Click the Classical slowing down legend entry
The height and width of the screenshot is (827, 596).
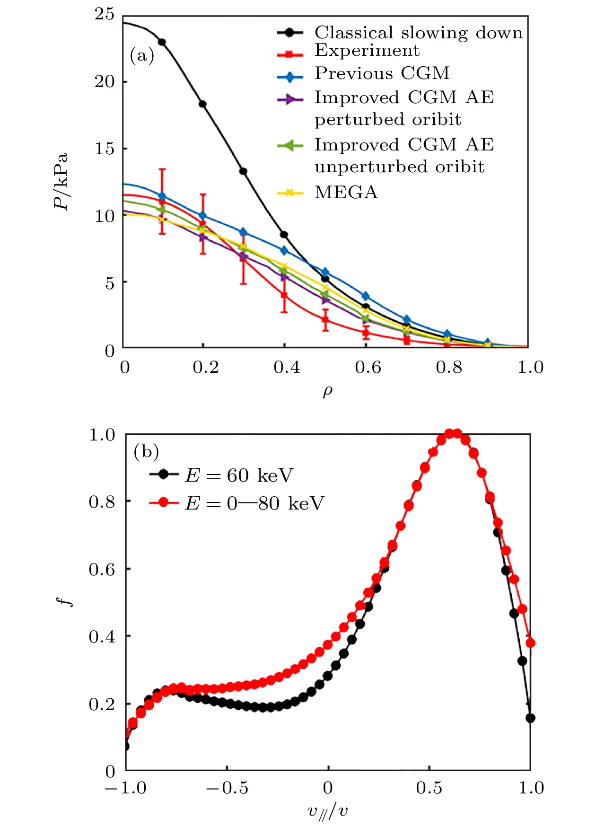(x=419, y=33)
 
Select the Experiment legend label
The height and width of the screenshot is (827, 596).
(x=367, y=50)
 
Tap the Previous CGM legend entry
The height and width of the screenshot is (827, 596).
(x=382, y=73)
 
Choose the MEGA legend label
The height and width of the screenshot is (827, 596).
(x=346, y=193)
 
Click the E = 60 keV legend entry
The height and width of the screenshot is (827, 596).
(x=238, y=475)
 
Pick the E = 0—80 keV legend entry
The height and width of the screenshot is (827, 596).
(x=254, y=503)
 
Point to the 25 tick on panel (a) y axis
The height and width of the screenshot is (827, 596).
(x=105, y=14)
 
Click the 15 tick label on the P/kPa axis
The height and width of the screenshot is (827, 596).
(x=105, y=149)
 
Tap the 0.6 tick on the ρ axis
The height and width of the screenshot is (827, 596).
(x=368, y=367)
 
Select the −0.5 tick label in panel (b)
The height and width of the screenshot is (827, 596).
(x=227, y=788)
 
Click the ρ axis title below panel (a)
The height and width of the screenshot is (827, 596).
(x=327, y=392)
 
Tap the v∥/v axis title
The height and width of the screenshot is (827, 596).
(x=327, y=811)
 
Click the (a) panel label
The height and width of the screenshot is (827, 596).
(x=142, y=56)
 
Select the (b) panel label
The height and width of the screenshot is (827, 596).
(x=146, y=451)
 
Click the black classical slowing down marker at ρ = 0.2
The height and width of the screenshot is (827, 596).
(x=202, y=104)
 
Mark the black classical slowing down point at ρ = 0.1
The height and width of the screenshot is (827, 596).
(x=162, y=42)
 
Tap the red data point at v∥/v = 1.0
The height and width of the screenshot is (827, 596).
(x=530, y=643)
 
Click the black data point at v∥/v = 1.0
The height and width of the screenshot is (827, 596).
(x=530, y=718)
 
